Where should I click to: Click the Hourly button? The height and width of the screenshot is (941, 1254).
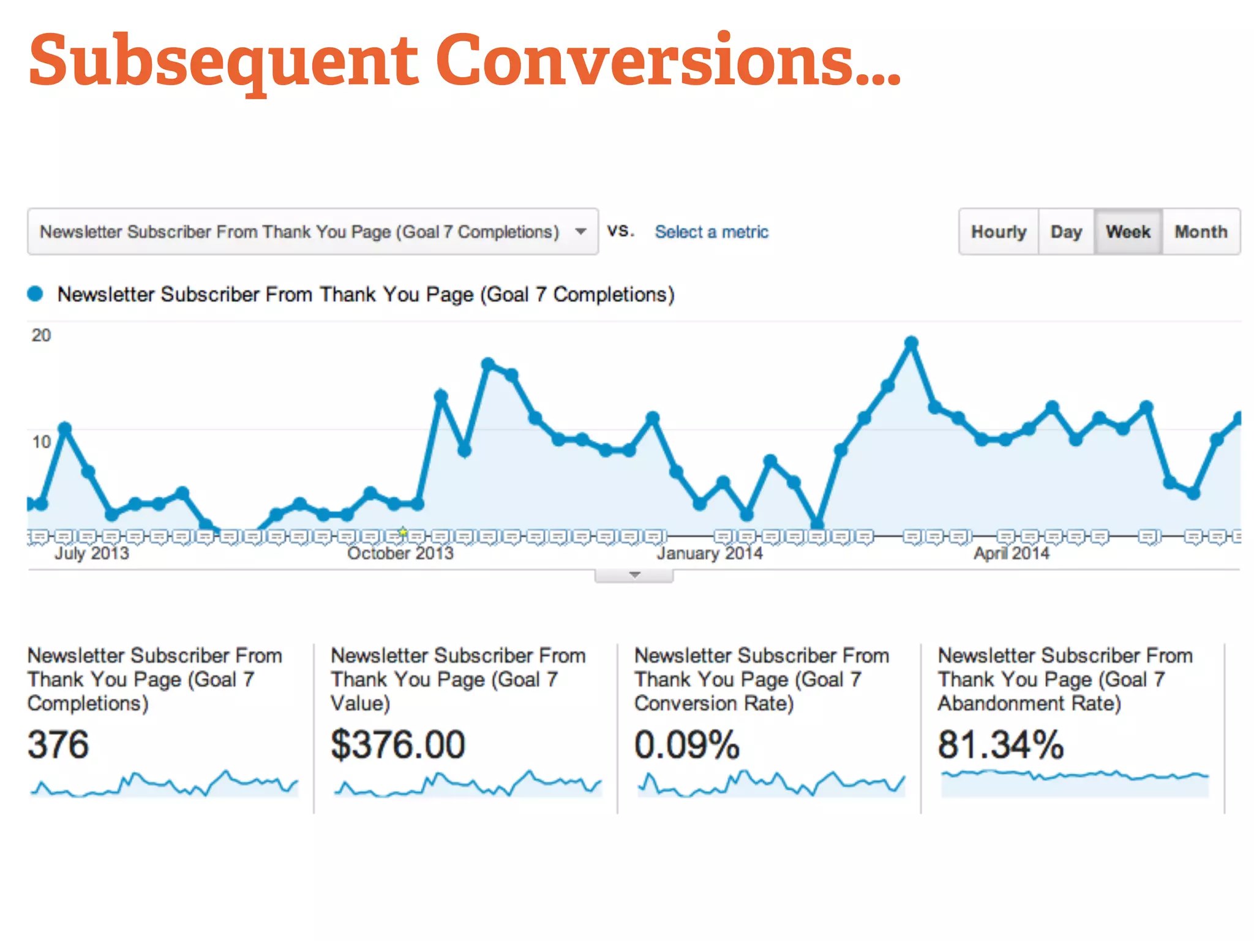pos(998,232)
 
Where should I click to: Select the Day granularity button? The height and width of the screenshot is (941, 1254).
pos(1066,232)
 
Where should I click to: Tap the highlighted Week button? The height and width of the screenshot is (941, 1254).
pos(1128,232)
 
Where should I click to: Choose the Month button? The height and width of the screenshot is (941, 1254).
pos(1201,232)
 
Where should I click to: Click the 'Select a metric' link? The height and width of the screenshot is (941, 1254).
pos(711,232)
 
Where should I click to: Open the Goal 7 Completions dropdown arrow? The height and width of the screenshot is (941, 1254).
pos(580,232)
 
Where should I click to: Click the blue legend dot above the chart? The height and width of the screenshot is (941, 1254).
pos(36,294)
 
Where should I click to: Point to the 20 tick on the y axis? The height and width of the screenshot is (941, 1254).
pos(41,335)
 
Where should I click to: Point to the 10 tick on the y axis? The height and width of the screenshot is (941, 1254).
pos(41,442)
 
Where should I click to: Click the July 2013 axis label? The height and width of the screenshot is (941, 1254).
pos(92,553)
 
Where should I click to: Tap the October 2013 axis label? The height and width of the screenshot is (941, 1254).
pos(400,553)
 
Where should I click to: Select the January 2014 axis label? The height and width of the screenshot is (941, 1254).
pos(710,553)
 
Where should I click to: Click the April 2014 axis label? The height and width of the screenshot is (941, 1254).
pos(1012,553)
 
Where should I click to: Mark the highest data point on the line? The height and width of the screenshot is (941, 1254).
pos(911,342)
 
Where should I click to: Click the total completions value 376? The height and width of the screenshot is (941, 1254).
pos(58,744)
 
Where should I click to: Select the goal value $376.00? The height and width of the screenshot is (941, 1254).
pos(398,744)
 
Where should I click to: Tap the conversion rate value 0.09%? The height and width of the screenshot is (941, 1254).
pos(687,744)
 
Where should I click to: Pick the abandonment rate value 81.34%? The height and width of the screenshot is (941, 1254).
pos(1001,744)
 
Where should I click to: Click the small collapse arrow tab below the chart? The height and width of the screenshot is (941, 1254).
pos(634,575)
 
